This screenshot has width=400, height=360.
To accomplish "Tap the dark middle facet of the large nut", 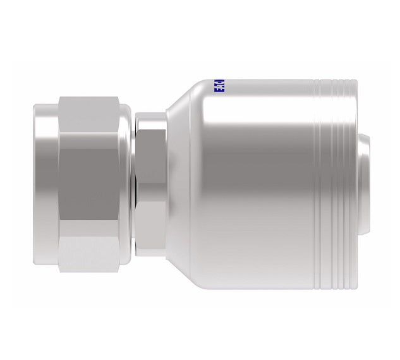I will coord(92,180).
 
